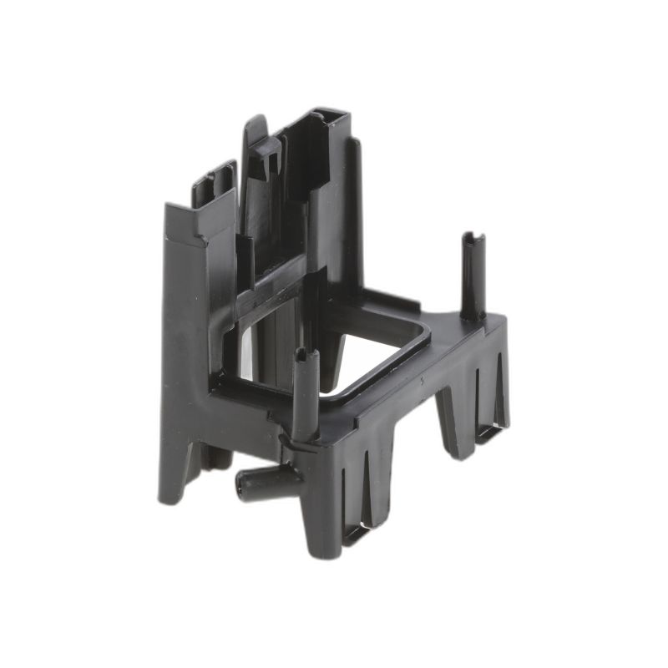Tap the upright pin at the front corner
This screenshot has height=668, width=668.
[x=306, y=392]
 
